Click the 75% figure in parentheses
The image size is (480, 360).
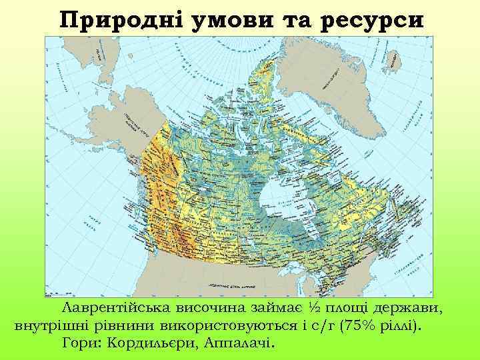pos(359,327)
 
